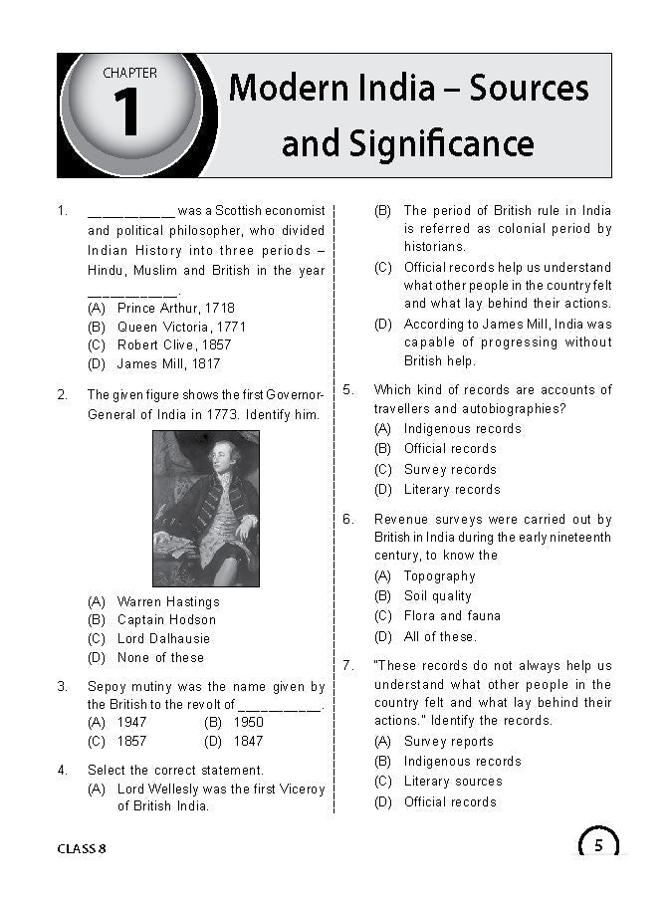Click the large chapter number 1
click(126, 113)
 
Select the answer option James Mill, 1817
click(168, 364)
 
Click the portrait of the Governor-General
click(206, 508)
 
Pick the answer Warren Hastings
click(168, 601)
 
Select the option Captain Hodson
click(166, 619)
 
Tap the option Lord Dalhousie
click(163, 638)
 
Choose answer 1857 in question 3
click(131, 741)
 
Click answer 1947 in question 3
click(131, 722)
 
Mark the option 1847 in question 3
click(248, 741)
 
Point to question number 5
click(348, 389)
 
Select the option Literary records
click(452, 489)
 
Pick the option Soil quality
click(438, 595)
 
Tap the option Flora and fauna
click(452, 615)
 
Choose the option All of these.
click(440, 636)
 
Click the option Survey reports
click(449, 741)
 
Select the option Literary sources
click(453, 781)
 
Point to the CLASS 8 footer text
click(82, 848)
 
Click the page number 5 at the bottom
click(598, 846)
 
